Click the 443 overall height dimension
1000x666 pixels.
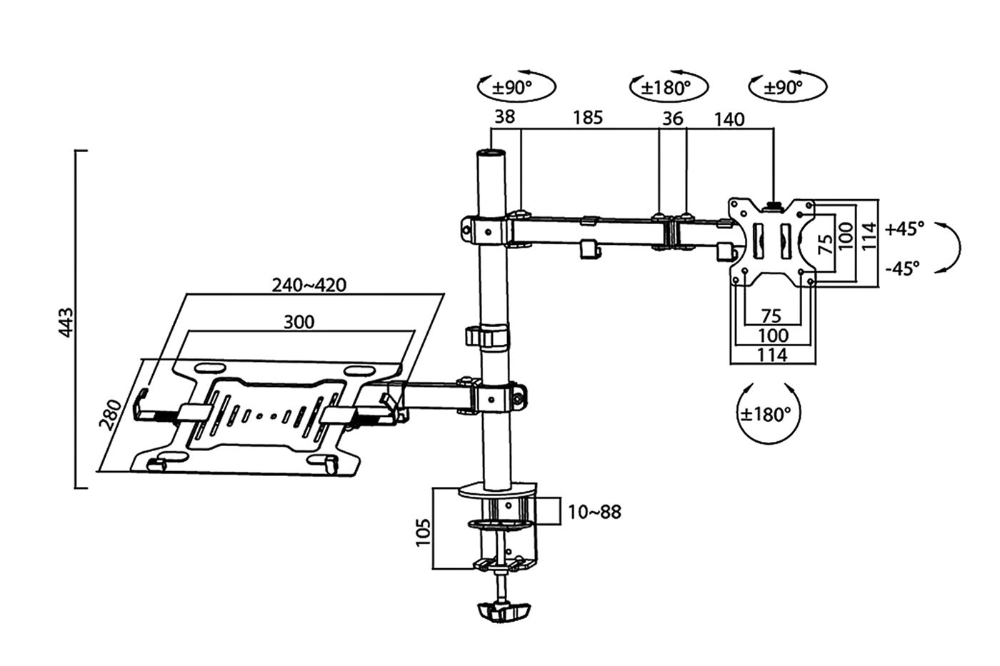pyautogui.click(x=66, y=323)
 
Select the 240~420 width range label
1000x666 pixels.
pyautogui.click(x=309, y=286)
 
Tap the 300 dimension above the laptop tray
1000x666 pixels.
pyautogui.click(x=299, y=322)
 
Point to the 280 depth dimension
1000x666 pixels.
pyautogui.click(x=110, y=415)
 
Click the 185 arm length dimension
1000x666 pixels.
pyautogui.click(x=587, y=118)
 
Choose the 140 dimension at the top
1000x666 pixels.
pyautogui.click(x=729, y=119)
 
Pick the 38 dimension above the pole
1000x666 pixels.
pyautogui.click(x=504, y=117)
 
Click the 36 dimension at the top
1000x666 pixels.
pyautogui.click(x=672, y=118)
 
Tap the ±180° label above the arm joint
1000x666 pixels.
pyautogui.click(x=666, y=88)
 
